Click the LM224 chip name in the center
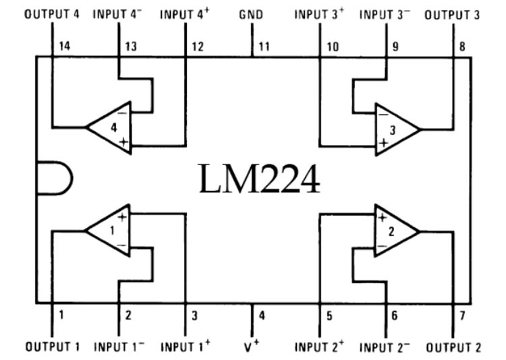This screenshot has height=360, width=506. pyautogui.click(x=259, y=179)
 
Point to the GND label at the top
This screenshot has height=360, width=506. pyautogui.click(x=251, y=13)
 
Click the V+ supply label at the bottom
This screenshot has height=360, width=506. pyautogui.click(x=254, y=347)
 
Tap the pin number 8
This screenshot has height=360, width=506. pyautogui.click(x=461, y=46)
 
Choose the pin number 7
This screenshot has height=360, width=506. pyautogui.click(x=461, y=314)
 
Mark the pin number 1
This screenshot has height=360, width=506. pyautogui.click(x=61, y=314)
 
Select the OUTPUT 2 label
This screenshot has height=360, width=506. pyautogui.click(x=453, y=347)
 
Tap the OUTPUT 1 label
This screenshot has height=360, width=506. pyautogui.click(x=53, y=347)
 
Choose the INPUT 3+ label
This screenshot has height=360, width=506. pyautogui.click(x=319, y=13)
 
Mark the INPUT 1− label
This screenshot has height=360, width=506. pyautogui.click(x=119, y=347)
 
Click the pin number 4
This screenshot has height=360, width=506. pyautogui.click(x=262, y=314)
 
